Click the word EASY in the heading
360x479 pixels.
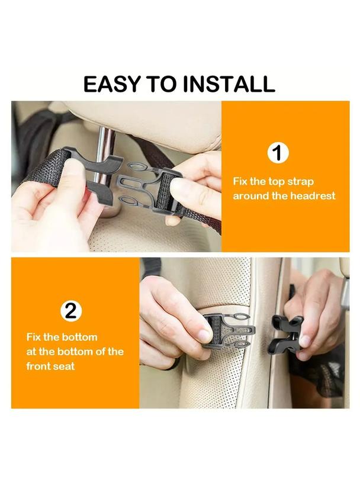click(x=112, y=84)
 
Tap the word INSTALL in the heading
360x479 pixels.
click(x=229, y=84)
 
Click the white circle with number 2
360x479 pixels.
click(x=71, y=311)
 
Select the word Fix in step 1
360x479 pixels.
click(x=240, y=181)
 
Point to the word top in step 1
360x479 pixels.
click(x=277, y=182)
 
